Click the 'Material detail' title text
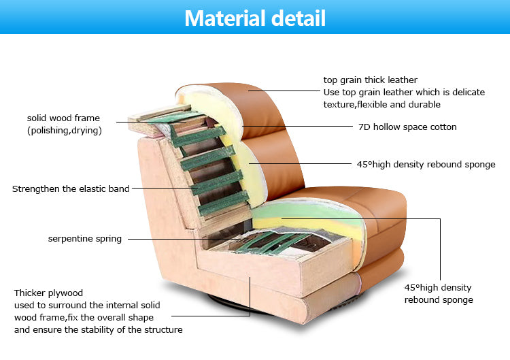(x=255, y=18)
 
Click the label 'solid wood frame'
(x=63, y=118)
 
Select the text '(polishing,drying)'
(x=65, y=131)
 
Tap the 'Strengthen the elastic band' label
(x=71, y=189)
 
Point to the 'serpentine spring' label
(x=85, y=239)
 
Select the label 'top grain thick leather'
(x=371, y=80)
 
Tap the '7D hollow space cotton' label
(x=407, y=127)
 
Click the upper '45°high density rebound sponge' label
(x=426, y=164)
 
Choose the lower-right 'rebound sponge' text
(x=439, y=299)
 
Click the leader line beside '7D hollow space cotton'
(x=299, y=127)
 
